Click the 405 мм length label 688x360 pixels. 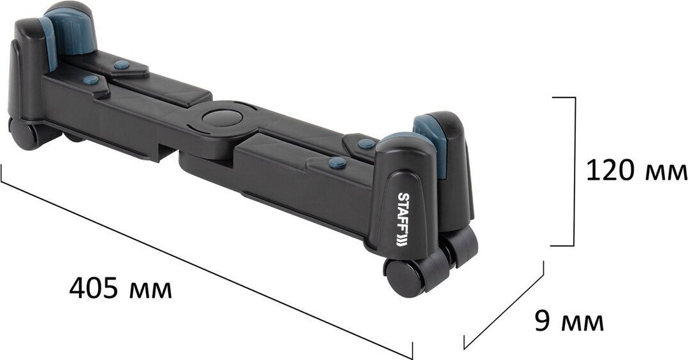point(121,289)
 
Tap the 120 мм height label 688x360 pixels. point(636,171)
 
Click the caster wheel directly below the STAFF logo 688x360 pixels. point(404,278)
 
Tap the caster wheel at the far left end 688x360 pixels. point(23,134)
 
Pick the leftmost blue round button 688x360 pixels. point(91,80)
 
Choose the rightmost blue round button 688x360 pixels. point(367,143)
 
